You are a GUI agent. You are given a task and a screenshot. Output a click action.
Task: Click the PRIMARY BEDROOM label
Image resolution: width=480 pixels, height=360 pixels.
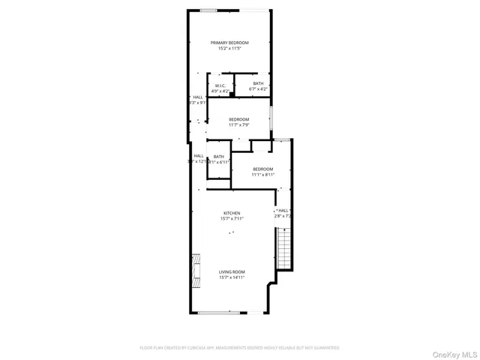coord(229,43)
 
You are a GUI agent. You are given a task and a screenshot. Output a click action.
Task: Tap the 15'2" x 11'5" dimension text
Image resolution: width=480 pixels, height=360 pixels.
coord(229,49)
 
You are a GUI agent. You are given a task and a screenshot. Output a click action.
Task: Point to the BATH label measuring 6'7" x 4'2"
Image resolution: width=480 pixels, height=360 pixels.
coord(258,83)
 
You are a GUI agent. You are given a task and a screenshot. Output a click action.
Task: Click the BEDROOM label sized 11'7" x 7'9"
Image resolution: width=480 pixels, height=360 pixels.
coord(238,119)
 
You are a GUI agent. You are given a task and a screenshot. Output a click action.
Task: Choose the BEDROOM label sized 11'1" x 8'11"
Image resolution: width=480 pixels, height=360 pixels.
coord(262,169)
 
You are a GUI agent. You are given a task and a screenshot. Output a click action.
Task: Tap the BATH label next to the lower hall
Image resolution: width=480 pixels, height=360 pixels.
coord(218,156)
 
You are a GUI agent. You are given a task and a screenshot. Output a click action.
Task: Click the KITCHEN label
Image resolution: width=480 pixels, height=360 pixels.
coord(231,213)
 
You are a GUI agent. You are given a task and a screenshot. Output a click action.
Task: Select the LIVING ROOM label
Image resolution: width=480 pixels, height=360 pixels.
coord(231,271)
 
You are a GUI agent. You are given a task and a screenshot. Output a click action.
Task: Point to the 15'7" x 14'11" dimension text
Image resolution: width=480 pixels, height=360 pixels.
coord(231,277)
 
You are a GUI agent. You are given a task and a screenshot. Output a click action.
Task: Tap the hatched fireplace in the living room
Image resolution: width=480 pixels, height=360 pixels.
coord(196,271)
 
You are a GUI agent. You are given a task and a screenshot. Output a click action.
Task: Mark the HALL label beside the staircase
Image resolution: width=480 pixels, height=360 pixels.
coord(283,211)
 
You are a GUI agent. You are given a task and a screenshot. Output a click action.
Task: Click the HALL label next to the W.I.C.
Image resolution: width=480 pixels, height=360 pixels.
coord(197,97)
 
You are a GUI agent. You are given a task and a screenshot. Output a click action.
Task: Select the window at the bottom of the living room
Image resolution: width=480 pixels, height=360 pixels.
coord(219,312)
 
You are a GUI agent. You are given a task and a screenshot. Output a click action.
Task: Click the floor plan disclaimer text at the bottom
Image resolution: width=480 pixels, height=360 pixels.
coord(239,347)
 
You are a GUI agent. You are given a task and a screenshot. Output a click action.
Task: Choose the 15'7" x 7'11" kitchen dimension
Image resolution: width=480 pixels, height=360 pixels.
coord(231,219)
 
